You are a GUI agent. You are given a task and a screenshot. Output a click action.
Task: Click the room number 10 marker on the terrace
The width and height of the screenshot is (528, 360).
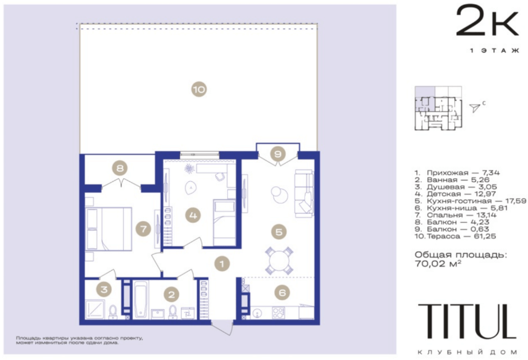pyautogui.click(x=199, y=89)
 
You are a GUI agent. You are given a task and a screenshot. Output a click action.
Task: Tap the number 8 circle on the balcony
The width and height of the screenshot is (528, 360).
pyautogui.click(x=120, y=168)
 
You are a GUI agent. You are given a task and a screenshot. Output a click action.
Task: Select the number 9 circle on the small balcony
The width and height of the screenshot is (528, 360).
pyautogui.click(x=278, y=154)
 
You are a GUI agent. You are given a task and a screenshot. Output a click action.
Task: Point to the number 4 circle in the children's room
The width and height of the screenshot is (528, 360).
pyautogui.click(x=193, y=215)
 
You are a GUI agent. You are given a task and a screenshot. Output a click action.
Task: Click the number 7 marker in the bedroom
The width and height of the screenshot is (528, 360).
pyautogui.click(x=143, y=229)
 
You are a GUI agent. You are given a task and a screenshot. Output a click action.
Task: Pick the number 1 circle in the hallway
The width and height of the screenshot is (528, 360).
pyautogui.click(x=222, y=264)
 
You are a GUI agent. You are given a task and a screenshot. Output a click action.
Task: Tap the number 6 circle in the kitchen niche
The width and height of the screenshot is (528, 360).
pyautogui.click(x=282, y=292)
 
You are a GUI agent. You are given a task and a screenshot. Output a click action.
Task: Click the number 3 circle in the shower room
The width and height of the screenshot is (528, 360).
pyautogui.click(x=104, y=289)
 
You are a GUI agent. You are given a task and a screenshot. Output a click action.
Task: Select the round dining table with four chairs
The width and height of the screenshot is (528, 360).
pyautogui.click(x=279, y=260)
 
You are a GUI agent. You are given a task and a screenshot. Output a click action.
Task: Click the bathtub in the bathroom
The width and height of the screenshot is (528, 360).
pyautogui.click(x=140, y=300)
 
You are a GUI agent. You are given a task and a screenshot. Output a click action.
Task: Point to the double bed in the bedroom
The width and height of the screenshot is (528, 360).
pyautogui.click(x=108, y=229)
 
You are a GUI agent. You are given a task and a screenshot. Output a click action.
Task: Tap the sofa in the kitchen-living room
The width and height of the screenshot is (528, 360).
pyautogui.click(x=304, y=193)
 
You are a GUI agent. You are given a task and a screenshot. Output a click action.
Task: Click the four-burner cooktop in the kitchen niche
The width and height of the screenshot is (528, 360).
pyautogui.click(x=278, y=313)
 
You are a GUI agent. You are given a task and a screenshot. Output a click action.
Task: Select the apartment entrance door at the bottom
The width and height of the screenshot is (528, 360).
pyautogui.click(x=222, y=327)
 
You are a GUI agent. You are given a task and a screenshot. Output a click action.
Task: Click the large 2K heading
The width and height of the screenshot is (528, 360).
pyautogui.click(x=487, y=21)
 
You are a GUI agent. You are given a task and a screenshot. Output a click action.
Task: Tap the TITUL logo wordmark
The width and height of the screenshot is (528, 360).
pyautogui.click(x=467, y=321)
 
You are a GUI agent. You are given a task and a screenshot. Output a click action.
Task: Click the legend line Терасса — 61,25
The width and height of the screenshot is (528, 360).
pyautogui.click(x=455, y=236)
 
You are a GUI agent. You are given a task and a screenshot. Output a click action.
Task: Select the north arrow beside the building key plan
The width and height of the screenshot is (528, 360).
pyautogui.click(x=475, y=108)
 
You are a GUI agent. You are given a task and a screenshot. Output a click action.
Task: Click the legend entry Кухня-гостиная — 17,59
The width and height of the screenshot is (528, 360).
pyautogui.click(x=470, y=201)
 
